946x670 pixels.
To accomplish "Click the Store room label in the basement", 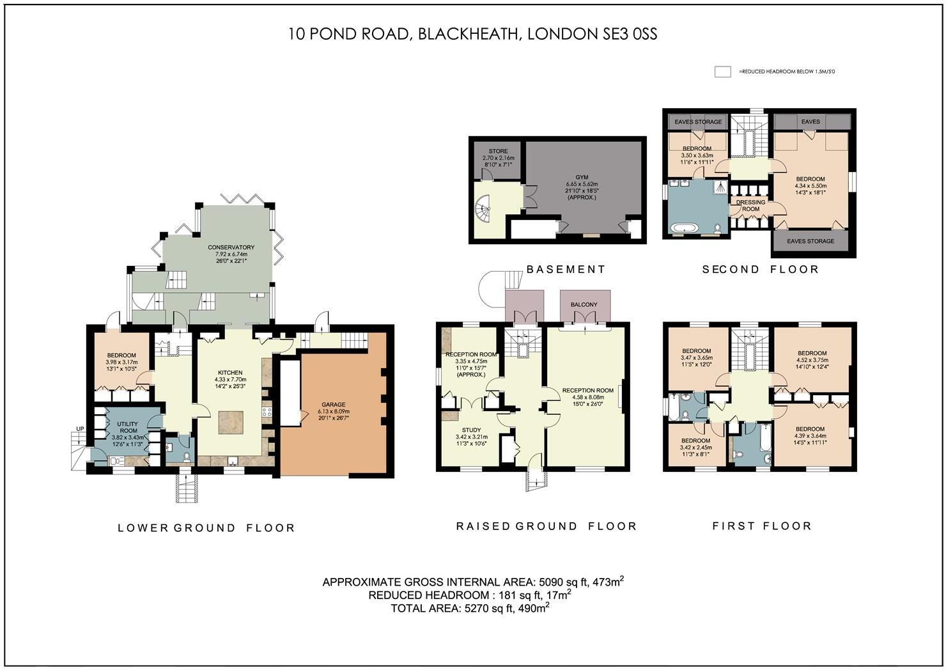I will pyautogui.click(x=498, y=152).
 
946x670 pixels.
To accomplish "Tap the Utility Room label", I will pyautogui.click(x=128, y=427).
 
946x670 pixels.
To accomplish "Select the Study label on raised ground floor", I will pyautogui.click(x=471, y=430).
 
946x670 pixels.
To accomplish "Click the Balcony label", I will pyautogui.click(x=584, y=304).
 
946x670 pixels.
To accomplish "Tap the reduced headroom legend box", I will pyautogui.click(x=722, y=72).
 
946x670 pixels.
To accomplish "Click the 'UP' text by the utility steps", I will pyautogui.click(x=80, y=428).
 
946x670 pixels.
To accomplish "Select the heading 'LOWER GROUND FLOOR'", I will pyautogui.click(x=206, y=528).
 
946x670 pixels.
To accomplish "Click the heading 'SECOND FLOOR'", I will pyautogui.click(x=761, y=270).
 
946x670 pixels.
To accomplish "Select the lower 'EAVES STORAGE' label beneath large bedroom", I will pyautogui.click(x=810, y=241).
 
